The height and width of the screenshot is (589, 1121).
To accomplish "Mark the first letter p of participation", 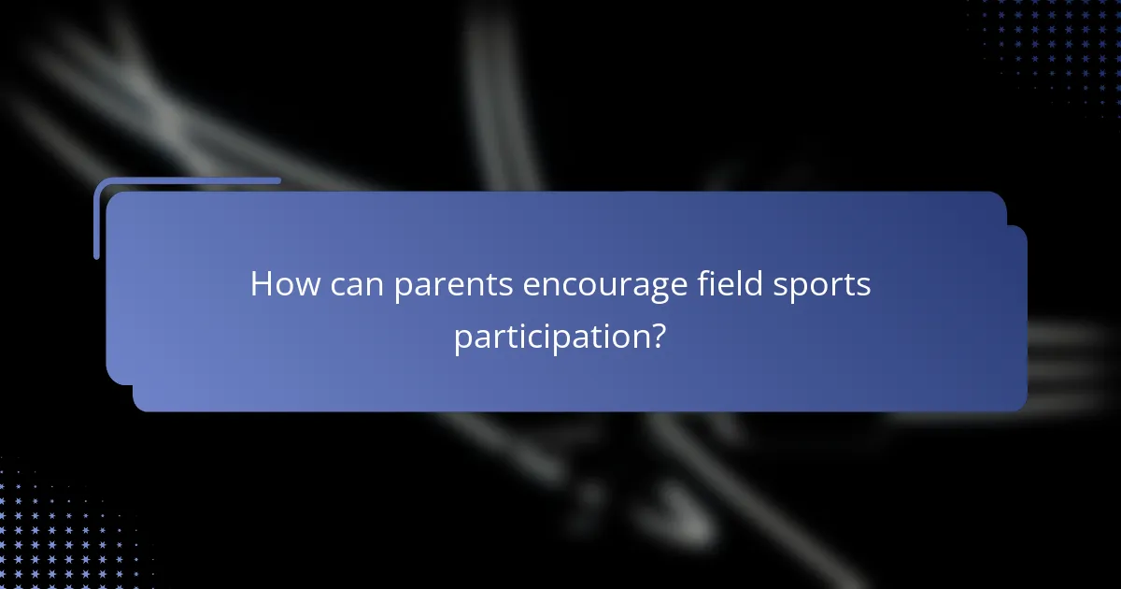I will (461, 339).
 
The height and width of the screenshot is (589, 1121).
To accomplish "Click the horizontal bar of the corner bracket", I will (187, 180).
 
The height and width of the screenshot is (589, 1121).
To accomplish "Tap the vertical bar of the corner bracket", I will (96, 220).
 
